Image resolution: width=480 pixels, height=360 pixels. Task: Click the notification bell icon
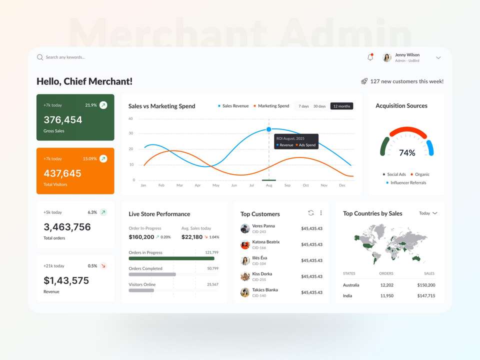coord(370,57)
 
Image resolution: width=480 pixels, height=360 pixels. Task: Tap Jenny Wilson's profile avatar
coord(387,57)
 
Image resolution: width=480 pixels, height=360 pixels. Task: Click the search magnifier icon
coord(40,57)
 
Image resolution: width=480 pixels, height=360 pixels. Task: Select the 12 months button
coord(341,106)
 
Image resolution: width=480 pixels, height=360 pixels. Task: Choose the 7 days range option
coord(303,106)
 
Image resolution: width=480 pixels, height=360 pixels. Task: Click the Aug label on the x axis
coord(269,185)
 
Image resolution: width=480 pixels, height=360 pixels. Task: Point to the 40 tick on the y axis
coord(130,118)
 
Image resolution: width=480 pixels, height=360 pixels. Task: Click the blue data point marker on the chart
coord(269,129)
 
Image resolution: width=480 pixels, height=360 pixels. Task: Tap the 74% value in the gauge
coord(407,153)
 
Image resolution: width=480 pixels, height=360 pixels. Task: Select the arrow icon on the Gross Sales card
coord(103,105)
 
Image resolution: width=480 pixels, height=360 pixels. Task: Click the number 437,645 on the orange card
coord(62,173)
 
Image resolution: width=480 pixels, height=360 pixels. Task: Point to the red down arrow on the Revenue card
coord(103,266)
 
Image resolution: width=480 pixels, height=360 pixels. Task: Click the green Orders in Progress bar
coord(171,258)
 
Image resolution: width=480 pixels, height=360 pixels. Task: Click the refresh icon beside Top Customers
coord(311,213)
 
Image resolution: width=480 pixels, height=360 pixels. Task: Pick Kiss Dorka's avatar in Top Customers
coord(245,276)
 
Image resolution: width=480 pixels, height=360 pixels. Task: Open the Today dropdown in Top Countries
coord(428,213)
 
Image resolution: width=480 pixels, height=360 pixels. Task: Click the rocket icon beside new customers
coord(364,81)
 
